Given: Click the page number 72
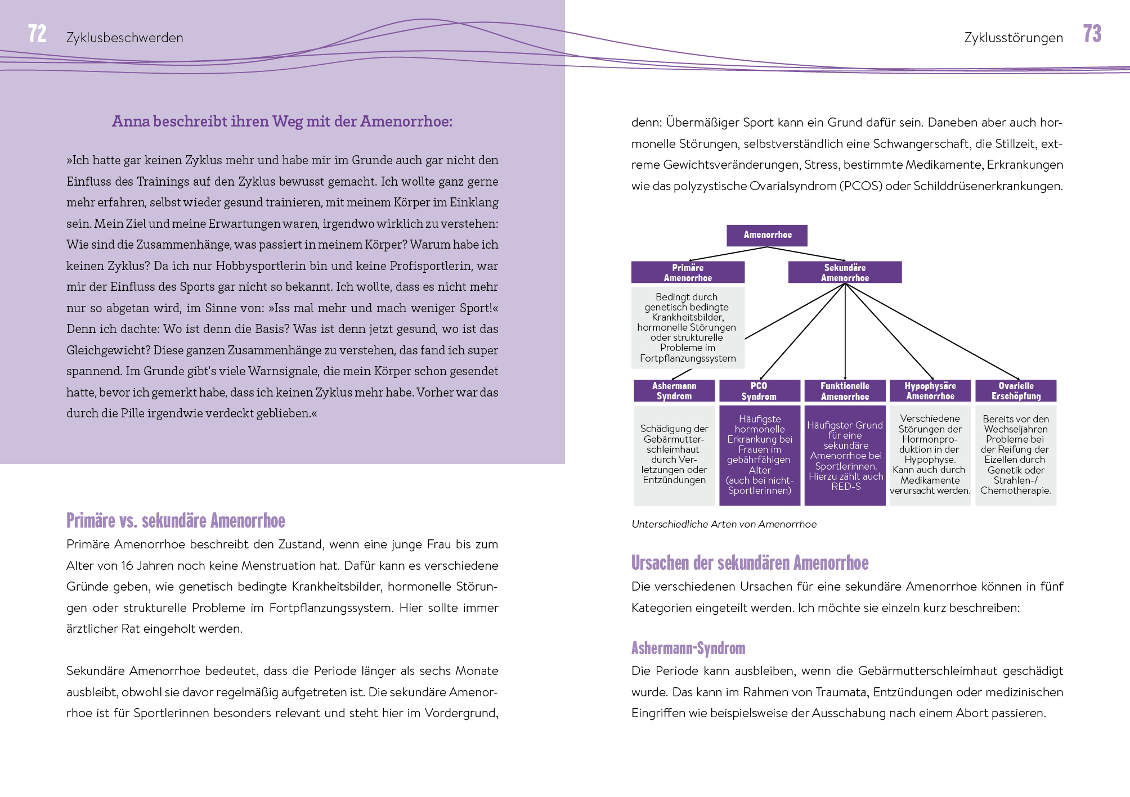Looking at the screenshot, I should [x=37, y=34].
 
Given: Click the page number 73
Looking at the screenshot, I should [x=1092, y=34].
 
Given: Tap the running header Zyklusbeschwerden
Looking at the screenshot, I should [x=124, y=38].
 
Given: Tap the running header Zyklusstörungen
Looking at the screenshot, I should [x=1013, y=38].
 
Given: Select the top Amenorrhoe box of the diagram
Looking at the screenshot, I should [x=766, y=235].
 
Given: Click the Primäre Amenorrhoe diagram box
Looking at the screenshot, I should [x=688, y=272].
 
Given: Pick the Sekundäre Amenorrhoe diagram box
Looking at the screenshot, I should [x=844, y=272].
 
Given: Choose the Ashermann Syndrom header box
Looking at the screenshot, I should [x=674, y=391].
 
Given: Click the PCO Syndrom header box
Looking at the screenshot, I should [x=759, y=391].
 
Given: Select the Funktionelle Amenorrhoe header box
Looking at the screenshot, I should [x=845, y=391].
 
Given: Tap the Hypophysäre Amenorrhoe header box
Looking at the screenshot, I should [x=930, y=391].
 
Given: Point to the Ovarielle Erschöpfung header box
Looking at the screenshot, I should [x=1016, y=391].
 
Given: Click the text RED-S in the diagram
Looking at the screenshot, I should [x=846, y=487].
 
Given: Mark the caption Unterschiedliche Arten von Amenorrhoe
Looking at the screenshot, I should [x=724, y=524].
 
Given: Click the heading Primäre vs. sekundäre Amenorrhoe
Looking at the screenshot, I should [x=176, y=520].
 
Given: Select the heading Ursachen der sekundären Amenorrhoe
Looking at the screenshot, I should [x=750, y=562].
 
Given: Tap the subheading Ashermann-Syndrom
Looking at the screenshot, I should [x=688, y=648].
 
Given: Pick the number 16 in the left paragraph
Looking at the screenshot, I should [x=128, y=566].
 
